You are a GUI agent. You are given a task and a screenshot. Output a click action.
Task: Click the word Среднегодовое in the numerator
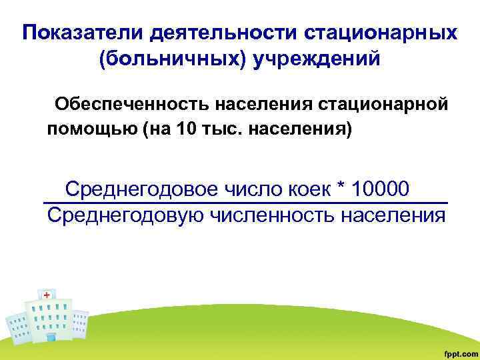(x=141, y=189)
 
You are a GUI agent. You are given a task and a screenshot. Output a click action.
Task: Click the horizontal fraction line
(x=245, y=203)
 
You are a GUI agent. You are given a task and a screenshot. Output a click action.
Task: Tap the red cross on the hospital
(x=47, y=294)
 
